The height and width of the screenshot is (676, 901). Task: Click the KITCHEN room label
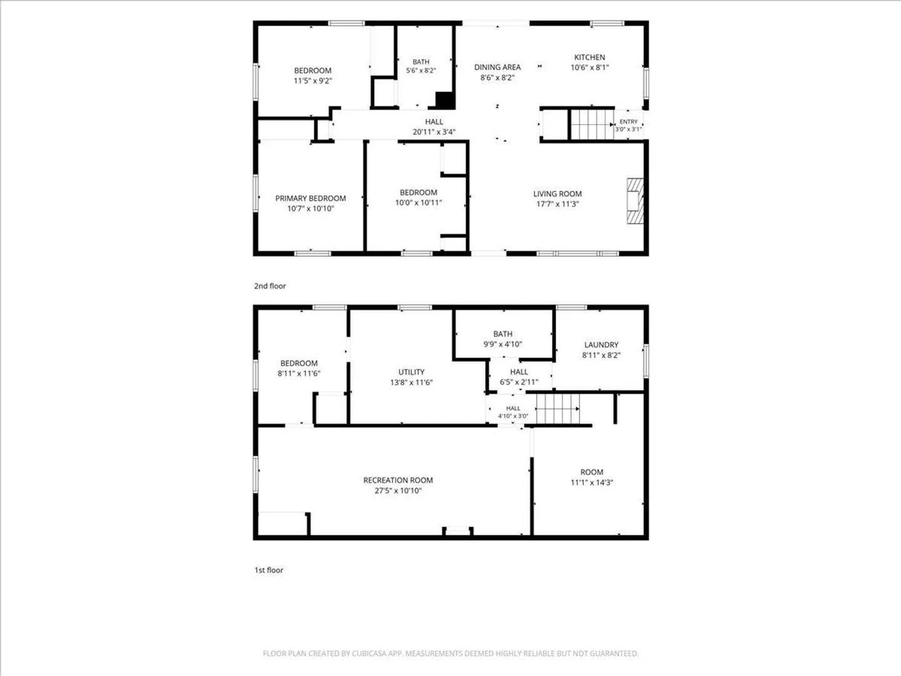pos(589,58)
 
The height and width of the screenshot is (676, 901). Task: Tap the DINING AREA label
pos(497,68)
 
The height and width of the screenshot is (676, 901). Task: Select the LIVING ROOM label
pos(557,194)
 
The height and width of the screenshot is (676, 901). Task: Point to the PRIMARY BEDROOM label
pos(310,198)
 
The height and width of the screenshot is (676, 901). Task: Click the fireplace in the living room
pos(635,201)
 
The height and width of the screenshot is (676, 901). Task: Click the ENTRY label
pos(628,122)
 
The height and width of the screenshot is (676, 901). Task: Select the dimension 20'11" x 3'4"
pos(434,132)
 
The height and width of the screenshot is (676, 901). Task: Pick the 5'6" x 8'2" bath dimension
pos(420,71)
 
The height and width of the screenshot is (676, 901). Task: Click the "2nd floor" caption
pos(270,286)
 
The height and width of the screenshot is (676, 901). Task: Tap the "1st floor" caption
pos(269,570)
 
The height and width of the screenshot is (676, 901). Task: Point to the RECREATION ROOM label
pos(398,480)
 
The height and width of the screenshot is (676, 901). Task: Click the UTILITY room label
pos(411,372)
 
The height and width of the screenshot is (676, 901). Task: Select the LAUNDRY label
pos(601,345)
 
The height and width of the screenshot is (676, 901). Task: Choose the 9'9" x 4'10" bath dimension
pos(503,344)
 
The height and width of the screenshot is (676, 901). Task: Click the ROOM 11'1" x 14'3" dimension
pos(591,483)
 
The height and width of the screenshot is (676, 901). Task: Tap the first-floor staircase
pos(558,409)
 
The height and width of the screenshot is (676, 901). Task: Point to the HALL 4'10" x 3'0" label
pos(513,408)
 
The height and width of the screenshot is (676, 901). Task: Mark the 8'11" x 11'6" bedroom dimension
pos(299,374)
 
